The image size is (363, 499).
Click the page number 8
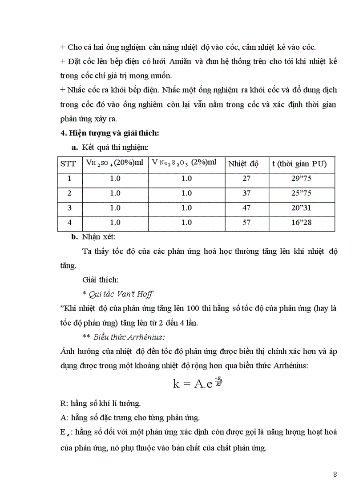[x=335, y=474]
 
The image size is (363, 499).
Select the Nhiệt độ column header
[x=243, y=164]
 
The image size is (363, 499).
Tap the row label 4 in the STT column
[x=69, y=222]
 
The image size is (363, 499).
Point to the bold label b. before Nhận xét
[x=75, y=237]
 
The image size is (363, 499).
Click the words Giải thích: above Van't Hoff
[x=100, y=280]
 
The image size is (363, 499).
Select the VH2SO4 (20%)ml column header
[x=114, y=164]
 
